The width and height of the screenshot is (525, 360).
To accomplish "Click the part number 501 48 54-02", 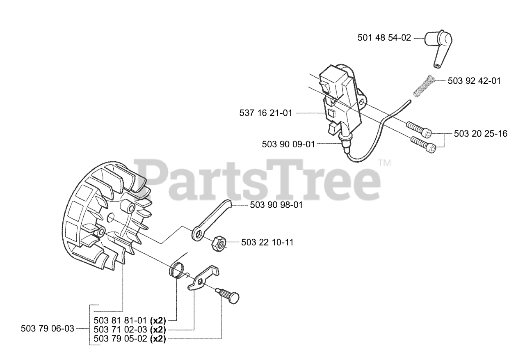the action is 384,38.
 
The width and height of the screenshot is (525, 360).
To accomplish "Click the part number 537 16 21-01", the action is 266,112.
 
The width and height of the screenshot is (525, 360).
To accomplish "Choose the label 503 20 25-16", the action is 481,133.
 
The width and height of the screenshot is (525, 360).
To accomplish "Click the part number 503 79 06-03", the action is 48,328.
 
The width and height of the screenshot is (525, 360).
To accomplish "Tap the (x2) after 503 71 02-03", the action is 157,330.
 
